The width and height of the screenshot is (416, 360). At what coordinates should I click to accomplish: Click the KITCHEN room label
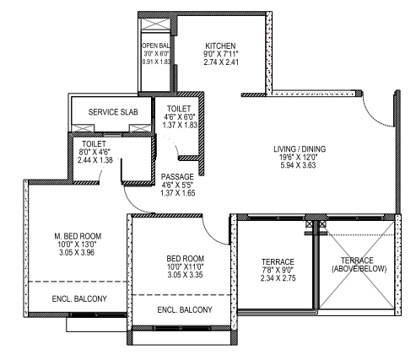pos(220,46)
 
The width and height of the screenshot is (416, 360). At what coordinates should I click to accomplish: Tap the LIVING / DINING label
pos(300,149)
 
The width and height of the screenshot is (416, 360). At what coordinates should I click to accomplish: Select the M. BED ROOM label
pos(78,236)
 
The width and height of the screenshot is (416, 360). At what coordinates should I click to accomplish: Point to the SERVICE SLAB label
pos(113,112)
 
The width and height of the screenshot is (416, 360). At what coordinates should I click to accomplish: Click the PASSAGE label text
pos(177,177)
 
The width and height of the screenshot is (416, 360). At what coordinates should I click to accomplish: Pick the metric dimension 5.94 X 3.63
pos(298,165)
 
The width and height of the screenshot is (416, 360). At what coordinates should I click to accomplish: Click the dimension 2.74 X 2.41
pos(221,62)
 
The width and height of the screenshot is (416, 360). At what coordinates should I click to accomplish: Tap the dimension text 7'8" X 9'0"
pos(278,270)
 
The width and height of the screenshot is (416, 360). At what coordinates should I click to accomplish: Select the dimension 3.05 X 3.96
pos(77,252)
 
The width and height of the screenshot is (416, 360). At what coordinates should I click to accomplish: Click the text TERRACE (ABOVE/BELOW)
pos(359,265)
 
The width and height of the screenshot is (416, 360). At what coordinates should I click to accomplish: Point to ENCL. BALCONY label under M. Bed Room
pos(79,298)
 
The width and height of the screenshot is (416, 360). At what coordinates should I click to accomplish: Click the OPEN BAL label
pos(156,46)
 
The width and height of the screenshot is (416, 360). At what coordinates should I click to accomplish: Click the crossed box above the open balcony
pos(155,24)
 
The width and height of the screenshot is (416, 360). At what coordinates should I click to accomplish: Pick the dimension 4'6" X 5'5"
pos(177,185)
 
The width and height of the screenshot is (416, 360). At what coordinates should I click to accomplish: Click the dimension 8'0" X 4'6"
pos(95,152)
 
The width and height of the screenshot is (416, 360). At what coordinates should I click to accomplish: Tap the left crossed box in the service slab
pos(83,128)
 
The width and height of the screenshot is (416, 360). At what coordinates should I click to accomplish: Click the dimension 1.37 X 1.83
pos(180,125)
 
